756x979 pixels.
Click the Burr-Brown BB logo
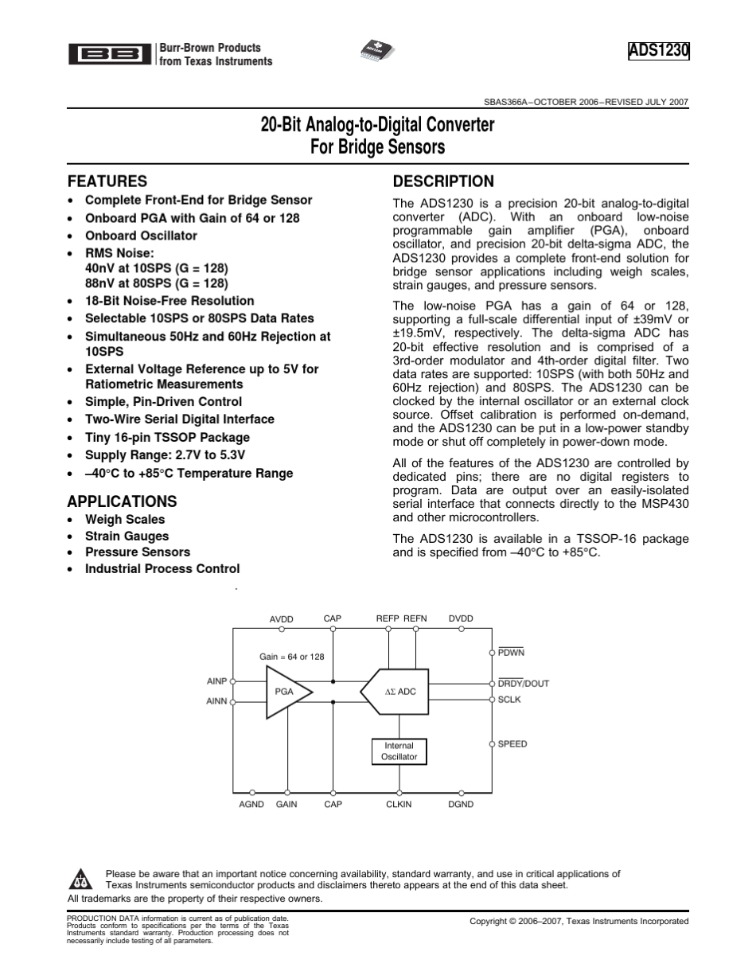(x=109, y=54)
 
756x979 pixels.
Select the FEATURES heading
(x=107, y=181)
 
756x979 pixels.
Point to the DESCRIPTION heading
(x=443, y=181)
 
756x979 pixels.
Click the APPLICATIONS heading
(x=122, y=501)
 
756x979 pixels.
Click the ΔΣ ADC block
(x=396, y=692)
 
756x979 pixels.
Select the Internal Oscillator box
(x=399, y=751)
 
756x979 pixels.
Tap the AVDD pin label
(x=282, y=619)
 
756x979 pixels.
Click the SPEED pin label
(x=512, y=744)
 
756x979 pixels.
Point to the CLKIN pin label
(x=399, y=805)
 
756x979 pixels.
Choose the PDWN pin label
(x=511, y=653)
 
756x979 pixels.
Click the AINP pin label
(x=217, y=681)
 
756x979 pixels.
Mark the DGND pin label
(x=461, y=805)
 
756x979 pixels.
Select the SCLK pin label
(x=509, y=700)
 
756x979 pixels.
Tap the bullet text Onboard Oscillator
(x=141, y=236)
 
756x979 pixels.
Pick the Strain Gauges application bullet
(x=127, y=536)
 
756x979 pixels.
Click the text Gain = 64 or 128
(x=292, y=657)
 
